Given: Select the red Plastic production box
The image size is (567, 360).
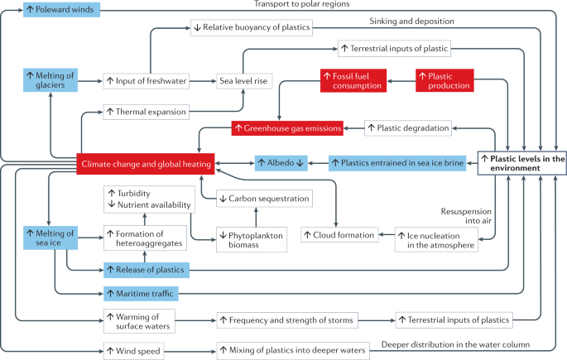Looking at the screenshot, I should tap(444, 80).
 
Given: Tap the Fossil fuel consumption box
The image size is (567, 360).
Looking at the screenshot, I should tap(352, 80).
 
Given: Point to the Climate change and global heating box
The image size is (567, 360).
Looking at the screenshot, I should tap(145, 165).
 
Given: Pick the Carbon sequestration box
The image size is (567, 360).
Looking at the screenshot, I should tap(263, 199).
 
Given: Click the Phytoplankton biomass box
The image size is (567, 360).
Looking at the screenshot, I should tap(251, 238).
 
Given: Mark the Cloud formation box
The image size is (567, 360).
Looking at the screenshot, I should tap(339, 234).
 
